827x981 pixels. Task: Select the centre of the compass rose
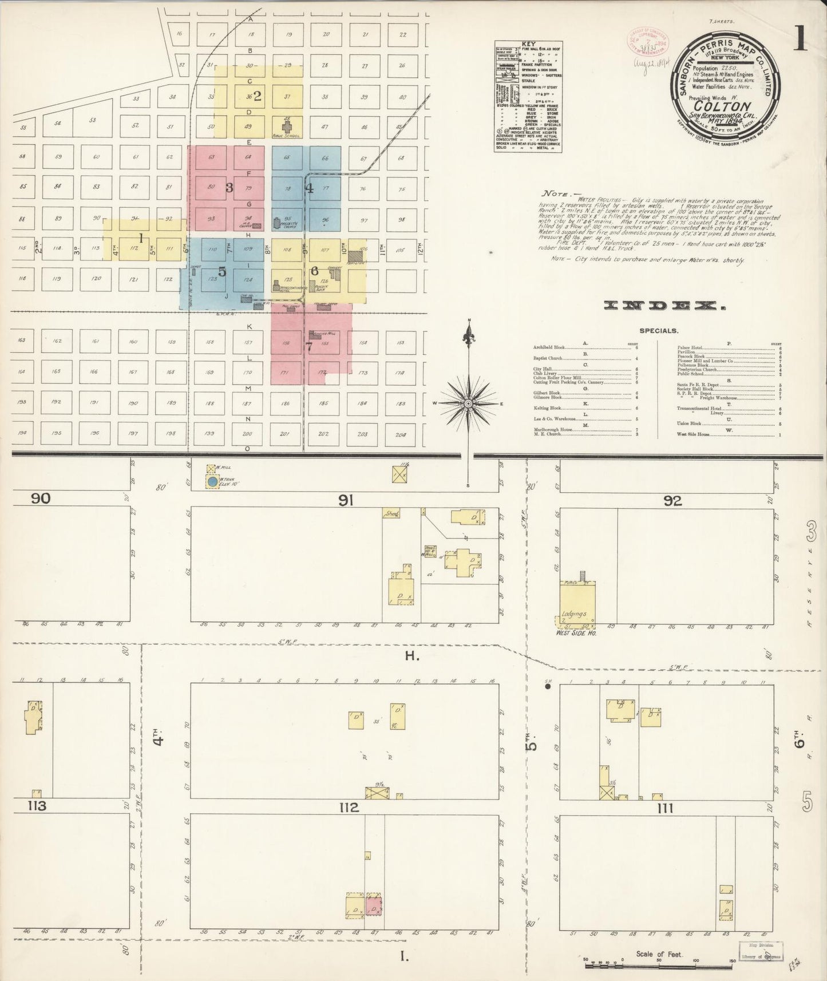(469, 403)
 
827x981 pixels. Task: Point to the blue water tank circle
(213, 482)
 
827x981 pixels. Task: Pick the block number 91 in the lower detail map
(346, 500)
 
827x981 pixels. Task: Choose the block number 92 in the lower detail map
(673, 500)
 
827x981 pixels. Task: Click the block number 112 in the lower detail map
(349, 808)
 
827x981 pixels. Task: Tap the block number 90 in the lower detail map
(41, 499)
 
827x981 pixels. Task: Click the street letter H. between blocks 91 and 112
(413, 656)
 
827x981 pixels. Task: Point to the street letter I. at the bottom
(405, 955)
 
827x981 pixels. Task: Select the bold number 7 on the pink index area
(309, 346)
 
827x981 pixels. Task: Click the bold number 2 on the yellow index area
(258, 96)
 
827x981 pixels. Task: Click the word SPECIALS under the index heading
(659, 331)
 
